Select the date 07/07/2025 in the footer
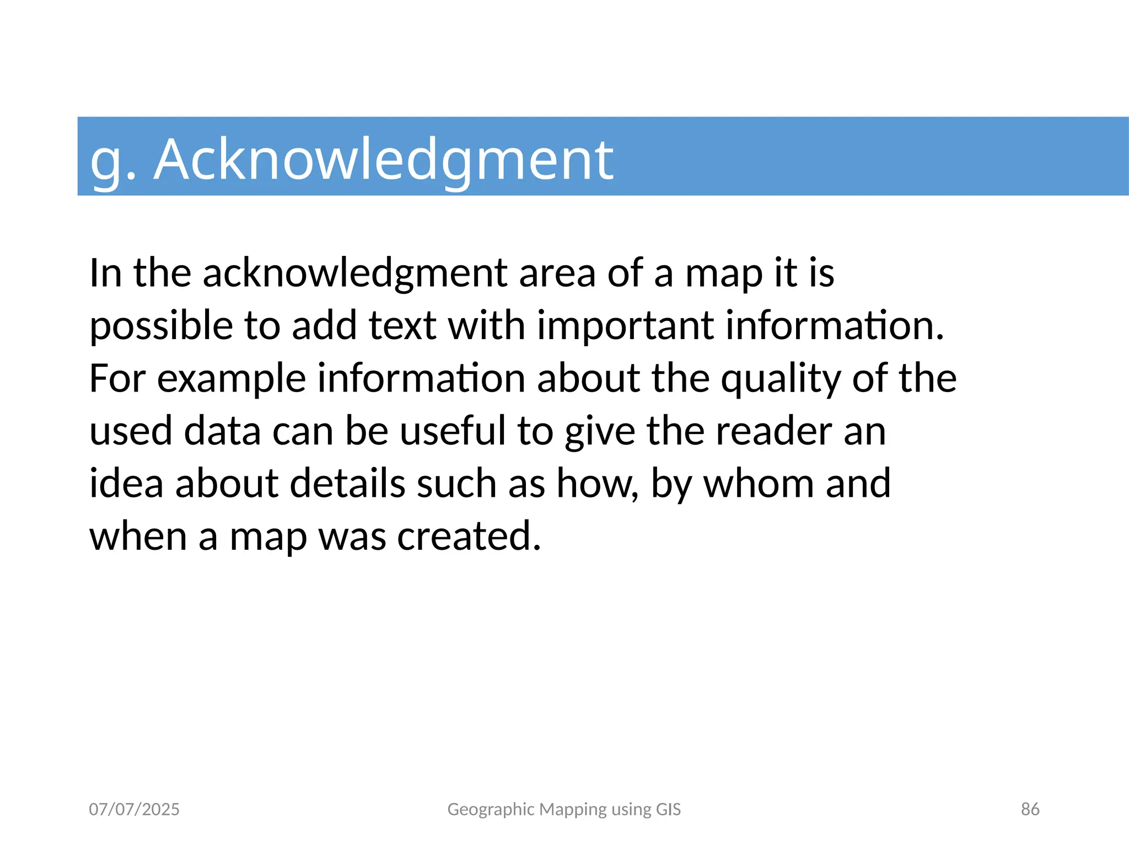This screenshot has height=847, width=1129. [x=134, y=809]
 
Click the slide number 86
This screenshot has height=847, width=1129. [x=1030, y=809]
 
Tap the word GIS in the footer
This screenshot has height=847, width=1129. [x=668, y=809]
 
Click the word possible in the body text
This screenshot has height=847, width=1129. [x=161, y=326]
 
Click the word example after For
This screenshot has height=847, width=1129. [x=232, y=379]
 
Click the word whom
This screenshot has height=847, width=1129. [x=759, y=484]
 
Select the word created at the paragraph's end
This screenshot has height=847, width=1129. [x=469, y=537]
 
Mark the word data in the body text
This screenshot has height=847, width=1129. [x=222, y=431]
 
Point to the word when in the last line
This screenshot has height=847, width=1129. [x=138, y=537]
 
